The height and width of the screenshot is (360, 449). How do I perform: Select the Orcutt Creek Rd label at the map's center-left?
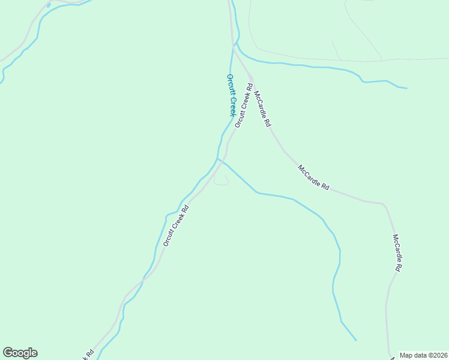click(176, 226)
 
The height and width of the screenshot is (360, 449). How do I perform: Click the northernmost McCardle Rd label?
click(262, 109)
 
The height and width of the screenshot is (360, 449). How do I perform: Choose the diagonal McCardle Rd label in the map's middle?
click(313, 178)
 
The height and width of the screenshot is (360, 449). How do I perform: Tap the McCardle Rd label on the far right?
click(397, 253)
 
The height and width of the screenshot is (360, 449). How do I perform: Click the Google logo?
click(20, 353)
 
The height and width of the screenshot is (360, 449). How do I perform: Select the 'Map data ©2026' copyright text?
click(423, 355)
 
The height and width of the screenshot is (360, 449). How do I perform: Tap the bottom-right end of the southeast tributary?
click(356, 340)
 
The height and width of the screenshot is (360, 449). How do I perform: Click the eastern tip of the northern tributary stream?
click(406, 88)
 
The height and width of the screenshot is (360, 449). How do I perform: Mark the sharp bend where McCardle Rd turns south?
click(383, 204)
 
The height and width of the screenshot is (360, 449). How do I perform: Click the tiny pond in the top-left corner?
click(48, 5)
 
